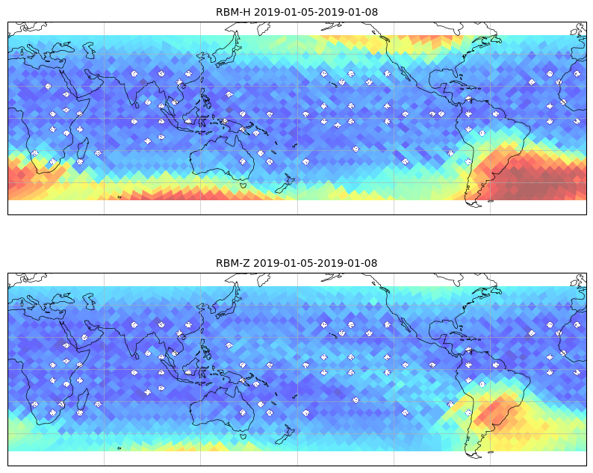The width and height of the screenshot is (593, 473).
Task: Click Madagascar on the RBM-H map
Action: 83,149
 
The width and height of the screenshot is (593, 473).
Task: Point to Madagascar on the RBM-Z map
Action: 83,400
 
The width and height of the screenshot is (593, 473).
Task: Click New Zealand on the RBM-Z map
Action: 286,434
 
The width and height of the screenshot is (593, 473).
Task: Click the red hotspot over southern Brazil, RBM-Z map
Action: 495,410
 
